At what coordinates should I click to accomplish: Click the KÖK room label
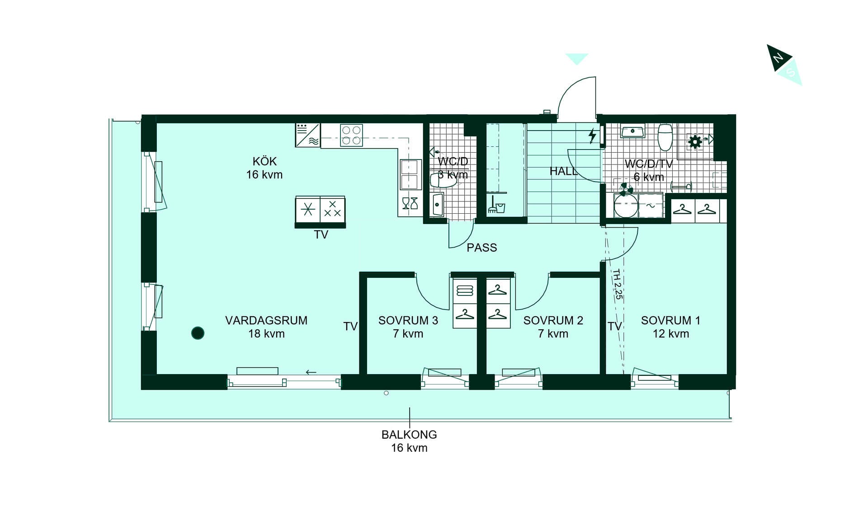[x=264, y=161]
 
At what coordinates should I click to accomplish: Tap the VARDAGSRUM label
[x=266, y=321]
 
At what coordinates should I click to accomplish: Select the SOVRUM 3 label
[x=408, y=321]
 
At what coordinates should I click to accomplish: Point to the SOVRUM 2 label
[x=553, y=321]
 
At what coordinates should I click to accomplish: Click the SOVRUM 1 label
[x=671, y=321]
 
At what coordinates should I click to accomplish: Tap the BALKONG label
[x=409, y=435]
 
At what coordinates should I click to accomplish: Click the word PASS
[x=482, y=248]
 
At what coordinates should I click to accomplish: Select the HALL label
[x=563, y=171]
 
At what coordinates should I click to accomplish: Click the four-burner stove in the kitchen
[x=351, y=135]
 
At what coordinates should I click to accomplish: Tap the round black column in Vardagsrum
[x=198, y=333]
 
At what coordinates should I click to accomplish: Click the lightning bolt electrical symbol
[x=592, y=136]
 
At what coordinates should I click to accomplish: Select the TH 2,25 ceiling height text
[x=618, y=284]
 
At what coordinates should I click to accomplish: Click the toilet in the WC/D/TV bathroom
[x=665, y=137]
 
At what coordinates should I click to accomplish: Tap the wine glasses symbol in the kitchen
[x=410, y=203]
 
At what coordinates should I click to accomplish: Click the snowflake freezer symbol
[x=308, y=210]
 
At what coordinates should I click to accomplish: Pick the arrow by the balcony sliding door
[x=311, y=372]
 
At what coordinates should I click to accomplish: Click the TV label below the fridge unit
[x=321, y=235]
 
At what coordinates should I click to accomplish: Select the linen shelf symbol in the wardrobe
[x=465, y=290]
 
